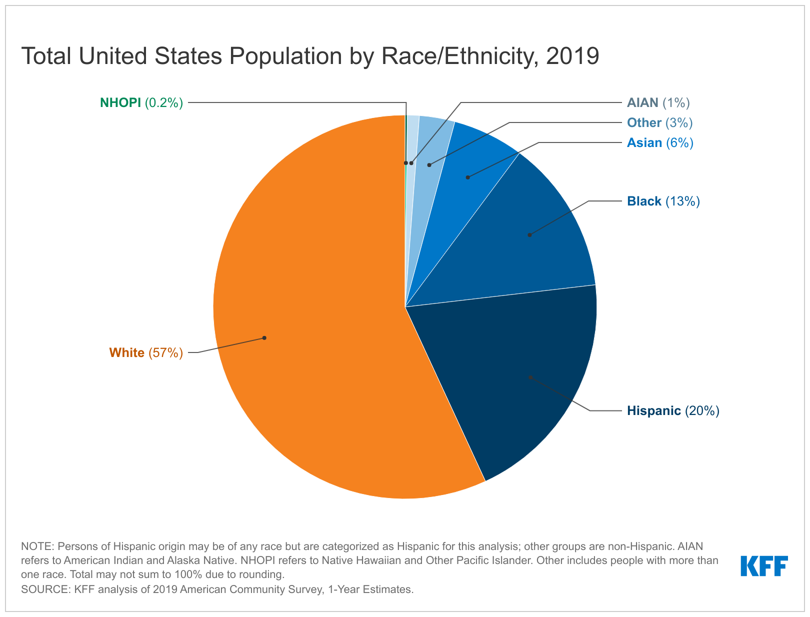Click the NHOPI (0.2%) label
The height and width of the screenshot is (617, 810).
click(141, 103)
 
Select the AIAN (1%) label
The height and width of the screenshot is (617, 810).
click(658, 103)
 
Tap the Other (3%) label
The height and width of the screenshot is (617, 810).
click(659, 123)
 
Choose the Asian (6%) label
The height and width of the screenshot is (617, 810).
click(660, 143)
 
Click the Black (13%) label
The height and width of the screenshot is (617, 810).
click(663, 201)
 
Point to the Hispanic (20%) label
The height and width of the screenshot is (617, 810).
click(673, 411)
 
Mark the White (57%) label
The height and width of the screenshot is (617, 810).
click(146, 353)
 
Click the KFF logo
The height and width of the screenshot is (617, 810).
click(764, 565)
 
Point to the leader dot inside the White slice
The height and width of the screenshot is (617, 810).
click(264, 338)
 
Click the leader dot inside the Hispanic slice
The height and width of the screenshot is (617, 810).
click(530, 377)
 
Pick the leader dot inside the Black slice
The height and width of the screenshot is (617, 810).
click(529, 234)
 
